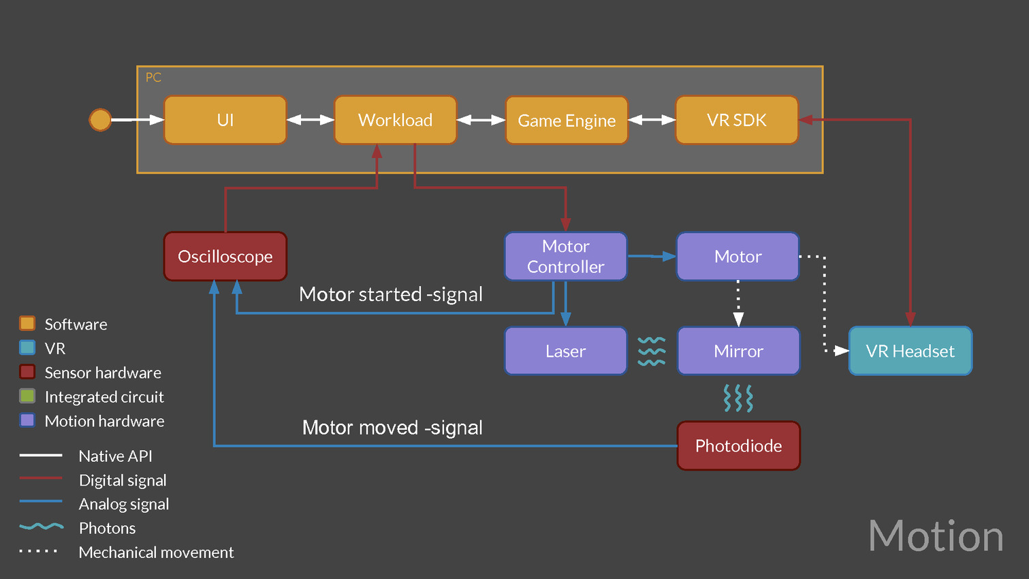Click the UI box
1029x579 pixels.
(x=225, y=120)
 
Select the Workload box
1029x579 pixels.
(x=395, y=120)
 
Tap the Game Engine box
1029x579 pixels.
(x=567, y=121)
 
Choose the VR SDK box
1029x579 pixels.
(x=736, y=120)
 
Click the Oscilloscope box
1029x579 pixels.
(x=225, y=256)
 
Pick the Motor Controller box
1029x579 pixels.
(x=565, y=256)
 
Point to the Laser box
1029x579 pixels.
(x=565, y=351)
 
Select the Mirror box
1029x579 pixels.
(x=738, y=351)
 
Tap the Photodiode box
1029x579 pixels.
(x=738, y=445)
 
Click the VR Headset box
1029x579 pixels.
(x=910, y=351)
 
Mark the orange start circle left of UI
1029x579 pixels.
(x=100, y=120)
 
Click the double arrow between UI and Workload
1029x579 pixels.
(x=311, y=120)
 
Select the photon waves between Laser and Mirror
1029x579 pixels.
(x=652, y=351)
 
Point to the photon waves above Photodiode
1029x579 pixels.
(x=738, y=398)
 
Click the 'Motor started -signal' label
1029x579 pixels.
(x=391, y=294)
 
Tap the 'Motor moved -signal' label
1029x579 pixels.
(x=392, y=428)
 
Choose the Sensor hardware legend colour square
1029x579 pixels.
(x=27, y=372)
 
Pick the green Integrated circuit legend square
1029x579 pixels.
(x=27, y=396)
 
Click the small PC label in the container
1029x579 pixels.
(x=153, y=78)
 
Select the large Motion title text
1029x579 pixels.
(x=936, y=536)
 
